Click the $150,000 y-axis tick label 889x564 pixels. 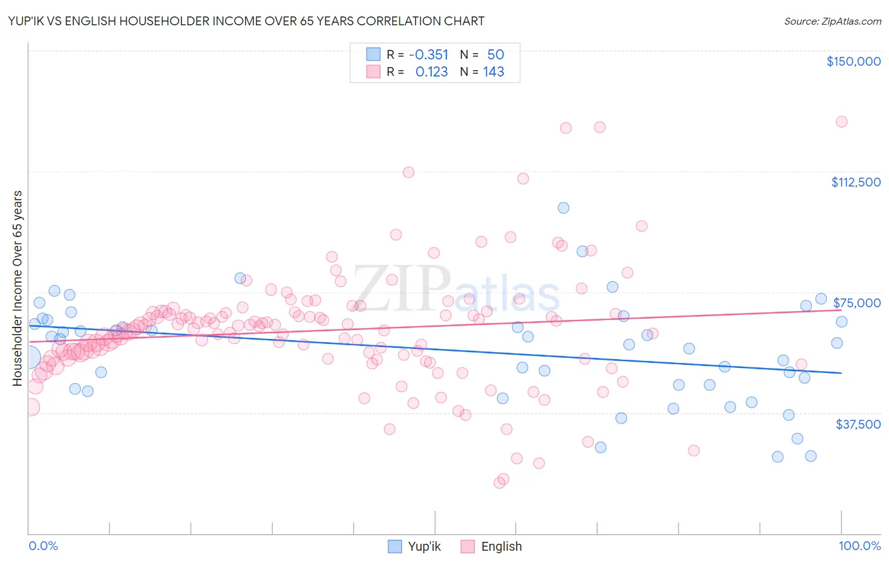853,61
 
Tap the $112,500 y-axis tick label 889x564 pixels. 855,182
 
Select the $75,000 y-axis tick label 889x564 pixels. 857,303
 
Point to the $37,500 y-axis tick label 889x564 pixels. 858,424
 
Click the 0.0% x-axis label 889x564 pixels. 43,546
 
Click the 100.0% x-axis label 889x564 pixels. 859,546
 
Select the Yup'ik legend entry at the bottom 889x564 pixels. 415,546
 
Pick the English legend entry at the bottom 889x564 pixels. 491,546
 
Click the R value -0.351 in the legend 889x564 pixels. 428,54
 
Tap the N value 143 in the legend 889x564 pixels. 493,72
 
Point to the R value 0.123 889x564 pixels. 431,72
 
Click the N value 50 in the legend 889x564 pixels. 495,54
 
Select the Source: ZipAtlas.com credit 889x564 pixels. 832,21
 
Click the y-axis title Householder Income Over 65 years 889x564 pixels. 18,288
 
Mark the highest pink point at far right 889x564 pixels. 841,121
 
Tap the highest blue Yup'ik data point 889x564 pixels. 563,208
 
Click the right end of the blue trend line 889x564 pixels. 841,373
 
